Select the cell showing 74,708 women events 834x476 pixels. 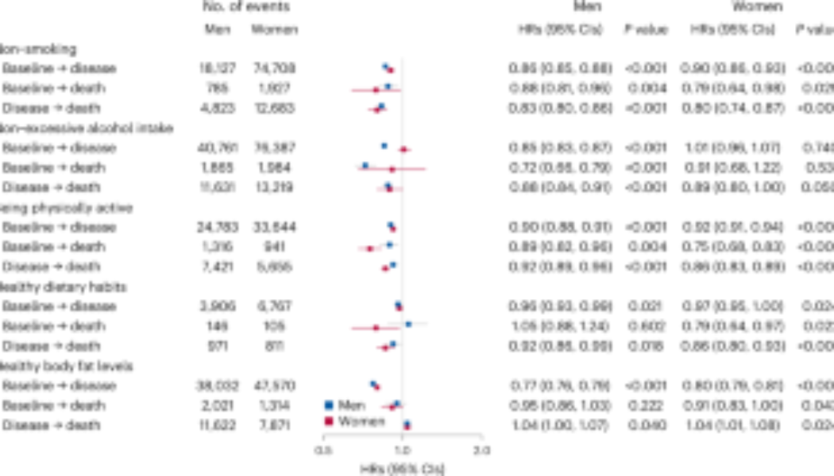click(274, 68)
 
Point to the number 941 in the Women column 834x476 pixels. click(274, 247)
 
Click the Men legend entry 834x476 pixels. click(346, 405)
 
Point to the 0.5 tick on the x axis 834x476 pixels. click(324, 450)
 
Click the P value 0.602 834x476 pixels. click(645, 326)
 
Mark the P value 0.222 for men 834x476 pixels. click(645, 405)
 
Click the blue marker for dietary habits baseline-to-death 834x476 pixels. click(408, 324)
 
